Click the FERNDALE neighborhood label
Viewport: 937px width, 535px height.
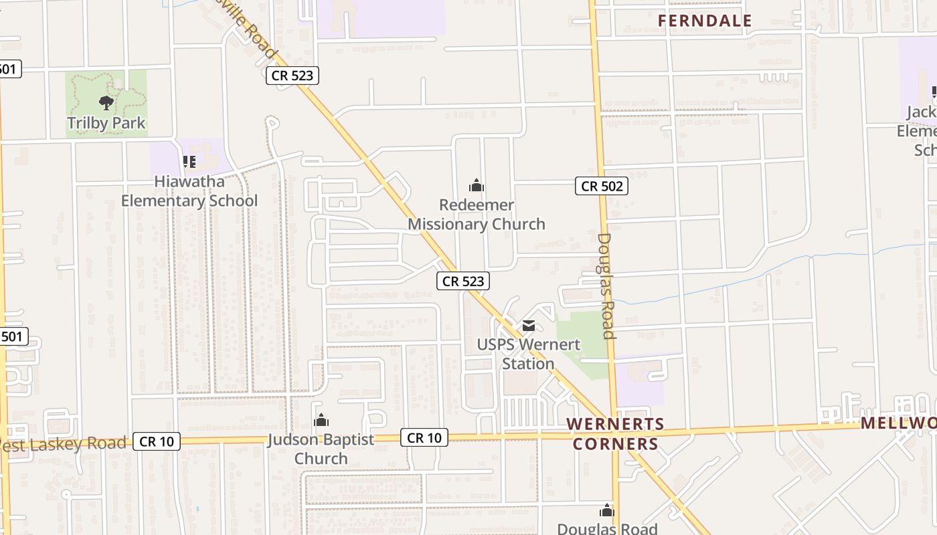705,21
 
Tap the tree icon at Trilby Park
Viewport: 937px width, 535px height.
106,102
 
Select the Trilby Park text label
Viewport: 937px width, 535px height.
106,124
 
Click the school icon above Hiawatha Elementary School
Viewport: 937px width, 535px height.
189,161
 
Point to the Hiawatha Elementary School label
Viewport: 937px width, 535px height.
189,191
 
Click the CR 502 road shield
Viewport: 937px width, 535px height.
602,187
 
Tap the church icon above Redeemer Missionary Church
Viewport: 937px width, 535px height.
476,185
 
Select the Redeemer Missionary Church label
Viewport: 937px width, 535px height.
476,215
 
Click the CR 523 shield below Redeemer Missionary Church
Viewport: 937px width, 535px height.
463,281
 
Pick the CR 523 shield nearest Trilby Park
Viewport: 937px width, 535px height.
292,76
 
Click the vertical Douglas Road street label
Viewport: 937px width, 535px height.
605,286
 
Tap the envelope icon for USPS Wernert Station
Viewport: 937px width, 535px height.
529,326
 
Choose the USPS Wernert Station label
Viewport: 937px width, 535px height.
528,354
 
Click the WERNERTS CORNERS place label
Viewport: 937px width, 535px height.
615,434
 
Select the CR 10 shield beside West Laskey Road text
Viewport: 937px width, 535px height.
157,441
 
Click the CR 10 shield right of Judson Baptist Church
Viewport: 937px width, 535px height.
424,438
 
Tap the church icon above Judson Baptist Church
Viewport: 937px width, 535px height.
321,420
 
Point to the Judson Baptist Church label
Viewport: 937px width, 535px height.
321,449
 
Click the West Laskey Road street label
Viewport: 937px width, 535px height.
64,444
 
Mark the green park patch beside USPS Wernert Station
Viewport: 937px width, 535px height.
578,341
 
